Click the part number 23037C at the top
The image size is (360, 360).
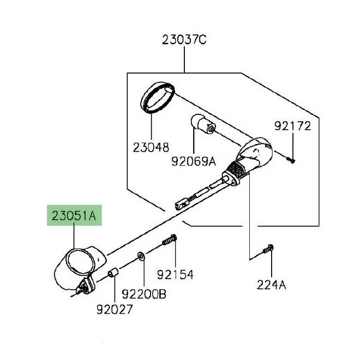pyautogui.click(x=184, y=40)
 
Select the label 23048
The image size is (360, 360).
pyautogui.click(x=150, y=147)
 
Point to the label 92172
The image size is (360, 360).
pyautogui.click(x=292, y=127)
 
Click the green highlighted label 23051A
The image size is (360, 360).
pyautogui.click(x=74, y=215)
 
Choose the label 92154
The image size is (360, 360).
pyautogui.click(x=175, y=274)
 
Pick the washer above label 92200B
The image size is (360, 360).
pyautogui.click(x=141, y=256)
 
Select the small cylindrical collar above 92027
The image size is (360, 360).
pyautogui.click(x=114, y=272)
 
